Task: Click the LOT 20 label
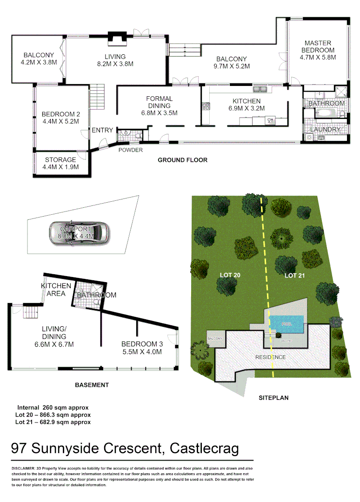pyautogui.click(x=230, y=276)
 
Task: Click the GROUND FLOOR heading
pyautogui.click(x=182, y=160)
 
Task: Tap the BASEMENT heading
pyautogui.click(x=92, y=385)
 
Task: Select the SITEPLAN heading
pyautogui.click(x=274, y=398)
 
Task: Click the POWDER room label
pyautogui.click(x=130, y=150)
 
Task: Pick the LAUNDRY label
pyautogui.click(x=326, y=129)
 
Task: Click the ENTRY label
pyautogui.click(x=102, y=130)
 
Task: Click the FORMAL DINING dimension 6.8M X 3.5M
pyautogui.click(x=159, y=112)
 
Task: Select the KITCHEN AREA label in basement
pyautogui.click(x=56, y=290)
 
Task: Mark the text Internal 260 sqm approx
pyautogui.click(x=53, y=408)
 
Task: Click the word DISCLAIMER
pyautogui.click(x=23, y=468)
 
